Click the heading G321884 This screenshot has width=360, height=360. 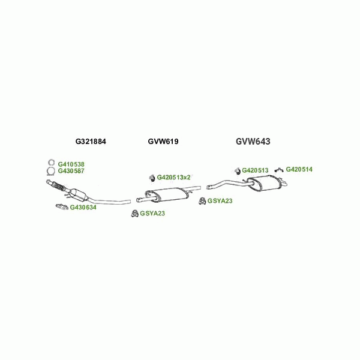91,142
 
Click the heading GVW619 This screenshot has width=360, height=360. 163,142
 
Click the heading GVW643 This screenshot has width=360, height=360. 253,142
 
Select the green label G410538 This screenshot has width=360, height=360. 71,164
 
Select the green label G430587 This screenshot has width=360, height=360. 71,171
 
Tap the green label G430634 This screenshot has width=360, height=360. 83,208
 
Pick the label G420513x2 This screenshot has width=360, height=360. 173,177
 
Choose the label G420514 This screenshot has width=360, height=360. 299,169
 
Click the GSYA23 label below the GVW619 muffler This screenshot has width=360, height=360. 152,214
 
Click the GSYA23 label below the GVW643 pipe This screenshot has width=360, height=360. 220,201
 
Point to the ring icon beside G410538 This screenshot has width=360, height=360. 52,163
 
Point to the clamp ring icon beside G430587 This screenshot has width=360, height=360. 52,171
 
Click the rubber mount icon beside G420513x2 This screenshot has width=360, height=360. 152,177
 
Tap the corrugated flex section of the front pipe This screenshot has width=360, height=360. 58,186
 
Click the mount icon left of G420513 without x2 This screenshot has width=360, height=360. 238,170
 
